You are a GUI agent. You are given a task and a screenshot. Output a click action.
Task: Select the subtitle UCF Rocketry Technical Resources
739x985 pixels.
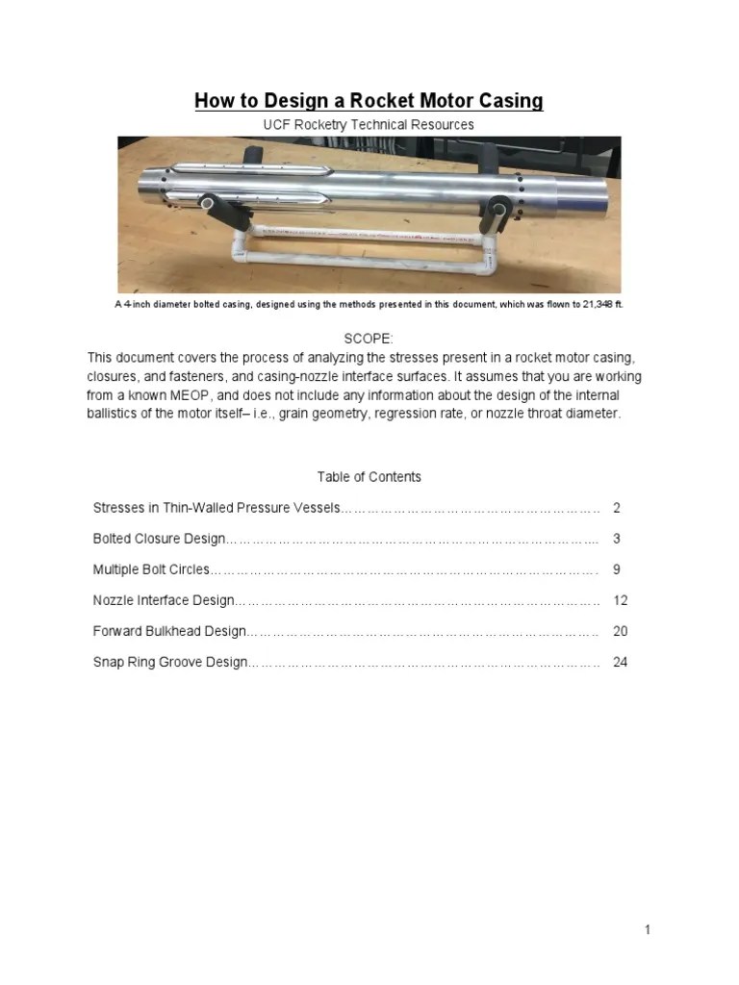[369, 125]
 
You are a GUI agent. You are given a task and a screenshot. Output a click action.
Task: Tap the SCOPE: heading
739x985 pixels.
[369, 338]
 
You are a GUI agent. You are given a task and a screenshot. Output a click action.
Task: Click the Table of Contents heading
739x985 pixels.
[369, 477]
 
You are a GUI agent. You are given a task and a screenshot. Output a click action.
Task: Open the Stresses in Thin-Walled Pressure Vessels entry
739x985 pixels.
[217, 507]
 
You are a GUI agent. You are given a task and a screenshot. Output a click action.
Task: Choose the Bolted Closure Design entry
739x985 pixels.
[159, 539]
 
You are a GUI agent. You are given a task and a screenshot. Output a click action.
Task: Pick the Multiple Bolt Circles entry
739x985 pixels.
[151, 569]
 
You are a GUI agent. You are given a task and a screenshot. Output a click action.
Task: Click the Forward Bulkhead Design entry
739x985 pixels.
[169, 632]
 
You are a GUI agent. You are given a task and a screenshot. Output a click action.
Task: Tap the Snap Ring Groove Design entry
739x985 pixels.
[170, 663]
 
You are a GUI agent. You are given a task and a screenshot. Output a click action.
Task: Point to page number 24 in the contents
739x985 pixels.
[620, 663]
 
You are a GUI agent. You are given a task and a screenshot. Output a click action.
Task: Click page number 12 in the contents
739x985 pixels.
[620, 600]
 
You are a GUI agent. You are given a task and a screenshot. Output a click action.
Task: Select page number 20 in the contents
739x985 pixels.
[620, 632]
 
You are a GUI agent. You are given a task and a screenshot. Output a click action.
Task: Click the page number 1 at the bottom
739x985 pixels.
[649, 930]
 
